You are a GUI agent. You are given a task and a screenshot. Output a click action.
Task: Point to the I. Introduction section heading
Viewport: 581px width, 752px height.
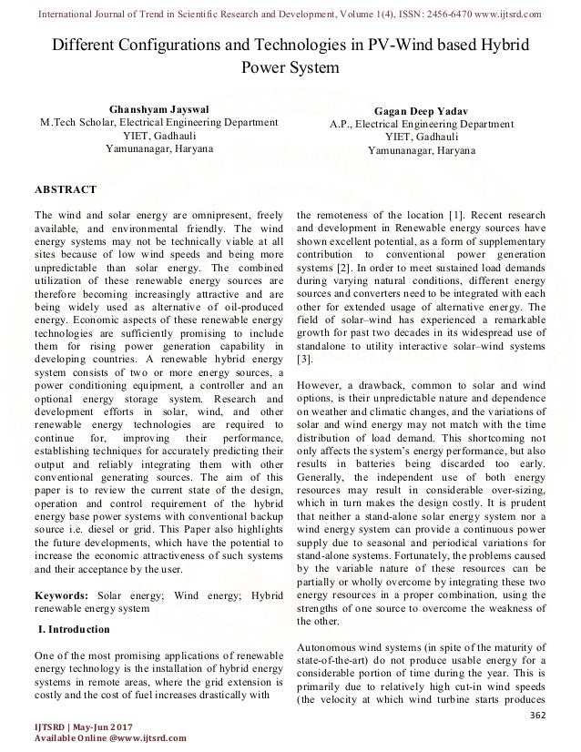tap(72, 629)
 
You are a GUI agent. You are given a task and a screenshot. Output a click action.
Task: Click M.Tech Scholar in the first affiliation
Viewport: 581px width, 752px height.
tap(72, 120)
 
